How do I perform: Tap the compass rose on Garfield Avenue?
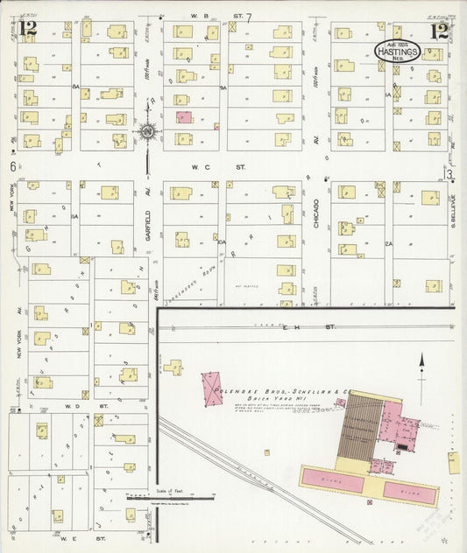coord(147,133)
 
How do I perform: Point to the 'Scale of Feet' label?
coord(164,492)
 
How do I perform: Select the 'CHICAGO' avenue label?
coord(315,213)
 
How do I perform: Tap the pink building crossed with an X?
coord(212,388)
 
